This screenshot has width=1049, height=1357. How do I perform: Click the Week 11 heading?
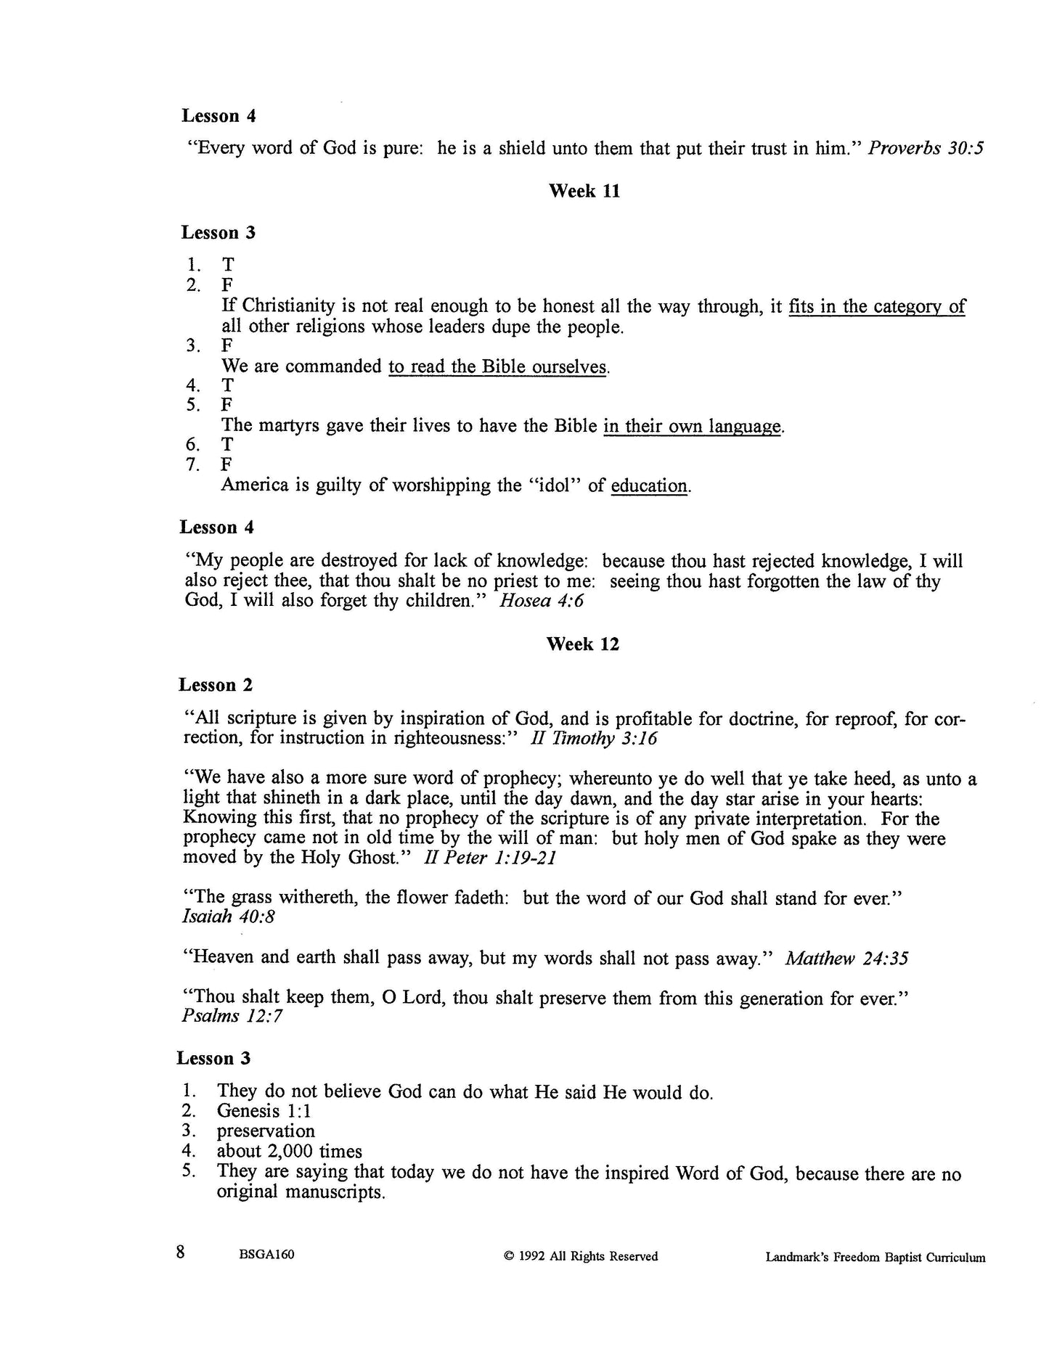pos(584,192)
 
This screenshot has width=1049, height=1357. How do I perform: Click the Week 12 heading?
pos(582,644)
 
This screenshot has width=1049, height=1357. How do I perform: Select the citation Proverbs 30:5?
pos(926,149)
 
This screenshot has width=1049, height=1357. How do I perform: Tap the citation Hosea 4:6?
pos(542,602)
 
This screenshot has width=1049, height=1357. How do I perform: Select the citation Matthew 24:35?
pos(846,959)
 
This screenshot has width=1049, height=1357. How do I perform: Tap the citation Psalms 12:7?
pos(232,1016)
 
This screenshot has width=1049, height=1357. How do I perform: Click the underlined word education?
pos(649,486)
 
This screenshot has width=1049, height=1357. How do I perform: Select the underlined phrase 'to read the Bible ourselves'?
pos(497,367)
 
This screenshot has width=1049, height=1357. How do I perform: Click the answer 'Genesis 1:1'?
pos(264,1111)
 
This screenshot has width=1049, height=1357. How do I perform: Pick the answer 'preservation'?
pos(266,1131)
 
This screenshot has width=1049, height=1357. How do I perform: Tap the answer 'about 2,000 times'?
pos(289,1151)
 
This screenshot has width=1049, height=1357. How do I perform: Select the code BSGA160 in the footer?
pos(266,1257)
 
